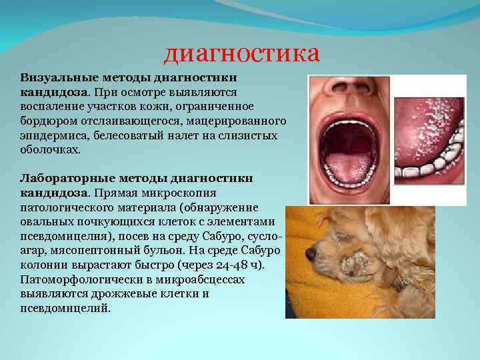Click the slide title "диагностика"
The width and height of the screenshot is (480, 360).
242,53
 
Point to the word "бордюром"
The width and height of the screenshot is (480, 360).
47,121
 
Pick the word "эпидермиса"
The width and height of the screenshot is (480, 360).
51,136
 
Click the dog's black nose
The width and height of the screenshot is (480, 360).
311,255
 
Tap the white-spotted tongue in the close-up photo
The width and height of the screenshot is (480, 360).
423,127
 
